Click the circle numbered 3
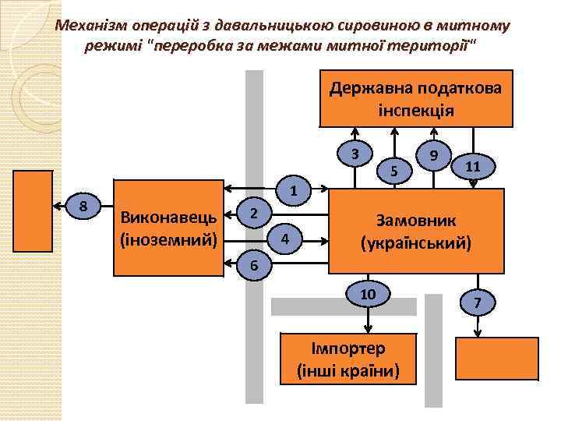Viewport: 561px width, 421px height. pyautogui.click(x=355, y=154)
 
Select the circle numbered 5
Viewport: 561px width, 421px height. pyautogui.click(x=394, y=170)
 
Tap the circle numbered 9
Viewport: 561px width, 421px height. pyautogui.click(x=434, y=154)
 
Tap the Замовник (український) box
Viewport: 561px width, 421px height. pyautogui.click(x=415, y=231)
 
